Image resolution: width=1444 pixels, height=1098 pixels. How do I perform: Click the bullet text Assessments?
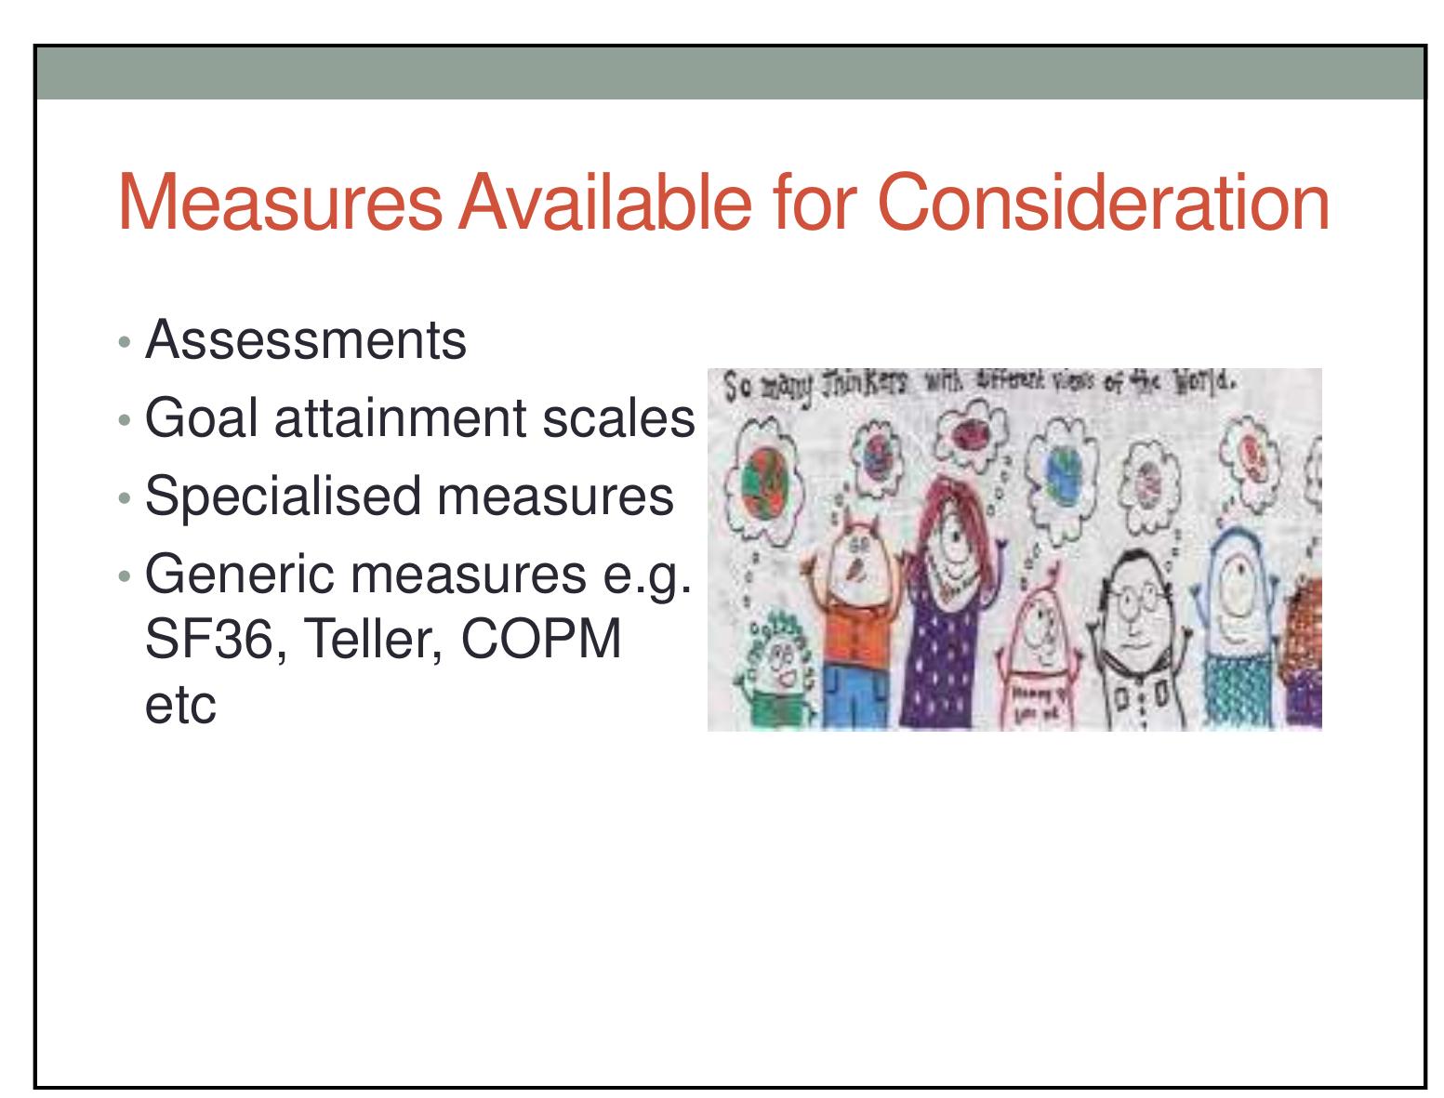(x=306, y=340)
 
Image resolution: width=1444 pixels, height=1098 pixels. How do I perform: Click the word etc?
(x=181, y=706)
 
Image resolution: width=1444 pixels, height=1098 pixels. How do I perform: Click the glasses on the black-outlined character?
(x=1128, y=601)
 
